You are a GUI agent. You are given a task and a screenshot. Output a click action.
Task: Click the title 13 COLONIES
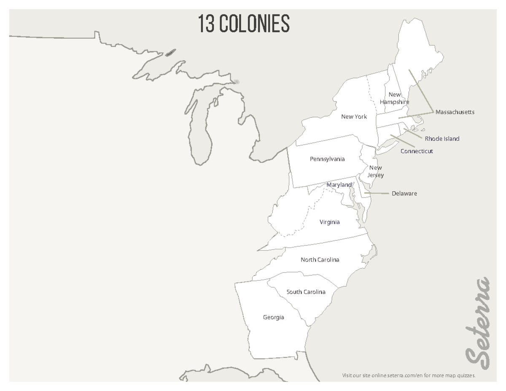[244, 24]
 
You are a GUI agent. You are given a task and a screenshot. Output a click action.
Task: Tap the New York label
[354, 117]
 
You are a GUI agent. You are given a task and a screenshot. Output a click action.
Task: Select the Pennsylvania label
[327, 159]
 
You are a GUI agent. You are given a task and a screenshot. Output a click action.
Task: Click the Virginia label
[329, 222]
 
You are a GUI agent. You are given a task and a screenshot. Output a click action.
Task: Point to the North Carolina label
[320, 260]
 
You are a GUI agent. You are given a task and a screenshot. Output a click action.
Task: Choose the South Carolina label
[306, 292]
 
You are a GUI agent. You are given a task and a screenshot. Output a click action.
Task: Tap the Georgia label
[273, 317]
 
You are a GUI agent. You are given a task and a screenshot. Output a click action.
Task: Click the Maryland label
[339, 185]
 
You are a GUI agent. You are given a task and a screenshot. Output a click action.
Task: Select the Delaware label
[404, 194]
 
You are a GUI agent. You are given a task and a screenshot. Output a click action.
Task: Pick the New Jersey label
[375, 171]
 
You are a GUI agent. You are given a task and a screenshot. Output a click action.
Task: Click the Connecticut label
[417, 151]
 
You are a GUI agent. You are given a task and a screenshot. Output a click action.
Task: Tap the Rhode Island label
[442, 139]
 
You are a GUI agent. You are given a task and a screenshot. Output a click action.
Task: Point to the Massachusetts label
[455, 112]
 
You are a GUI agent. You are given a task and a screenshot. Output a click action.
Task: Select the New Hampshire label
[394, 98]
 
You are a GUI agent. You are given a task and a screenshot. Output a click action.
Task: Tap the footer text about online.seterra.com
[408, 375]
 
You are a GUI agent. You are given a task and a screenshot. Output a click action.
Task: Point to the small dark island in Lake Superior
[170, 53]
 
